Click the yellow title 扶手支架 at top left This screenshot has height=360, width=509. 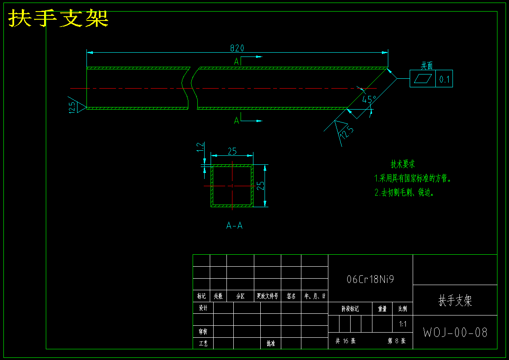coord(58,18)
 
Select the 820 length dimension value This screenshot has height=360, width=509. coord(237,48)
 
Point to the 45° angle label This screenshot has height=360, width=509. coord(369,100)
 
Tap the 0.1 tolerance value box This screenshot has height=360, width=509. coord(444,79)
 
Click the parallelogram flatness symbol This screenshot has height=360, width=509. coord(423,79)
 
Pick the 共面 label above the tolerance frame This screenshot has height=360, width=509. coord(426,65)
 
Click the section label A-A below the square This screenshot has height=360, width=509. coord(234,226)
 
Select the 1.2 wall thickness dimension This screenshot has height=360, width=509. coord(200,148)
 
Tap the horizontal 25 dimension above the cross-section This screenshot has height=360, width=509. coord(232,151)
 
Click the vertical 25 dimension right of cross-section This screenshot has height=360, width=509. coord(260,185)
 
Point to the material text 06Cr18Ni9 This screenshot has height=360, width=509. coord(370,280)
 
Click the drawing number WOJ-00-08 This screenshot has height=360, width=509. coord(455,333)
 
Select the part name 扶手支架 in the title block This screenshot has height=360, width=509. coord(455,300)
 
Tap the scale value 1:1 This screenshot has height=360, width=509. coord(402,324)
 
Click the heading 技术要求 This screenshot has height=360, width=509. coord(402,164)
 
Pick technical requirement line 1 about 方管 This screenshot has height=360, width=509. coord(413,178)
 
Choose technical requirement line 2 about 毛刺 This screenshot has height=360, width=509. coord(404,193)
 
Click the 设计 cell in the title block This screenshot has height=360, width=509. coord(203,308)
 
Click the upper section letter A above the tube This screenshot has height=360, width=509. coord(236,61)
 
